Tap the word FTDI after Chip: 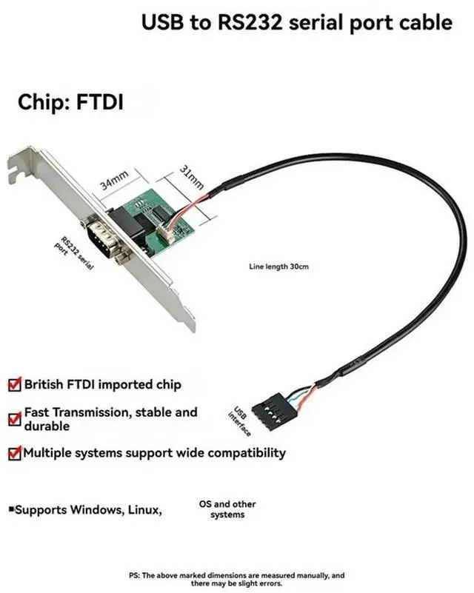click(x=99, y=101)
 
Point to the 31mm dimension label click(x=192, y=178)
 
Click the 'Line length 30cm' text click(x=278, y=266)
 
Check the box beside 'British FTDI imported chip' click(x=14, y=385)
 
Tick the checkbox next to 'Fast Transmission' click(x=14, y=418)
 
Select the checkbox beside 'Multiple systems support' click(x=14, y=452)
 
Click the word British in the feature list click(x=48, y=385)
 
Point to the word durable click(x=47, y=426)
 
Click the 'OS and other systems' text click(x=227, y=509)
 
